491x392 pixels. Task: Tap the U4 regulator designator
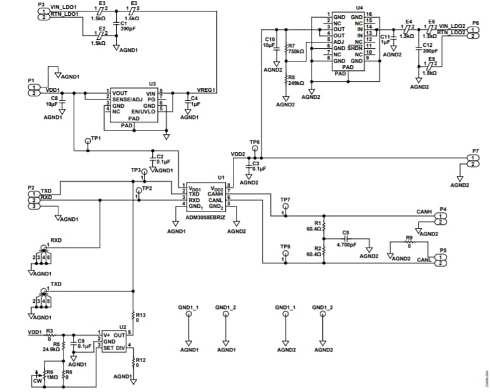tap(359, 7)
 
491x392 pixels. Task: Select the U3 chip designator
tap(152, 84)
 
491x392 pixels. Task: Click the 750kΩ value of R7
tap(296, 51)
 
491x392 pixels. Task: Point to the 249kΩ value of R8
tap(296, 82)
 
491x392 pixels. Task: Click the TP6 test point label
tap(254, 142)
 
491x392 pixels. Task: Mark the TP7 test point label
tap(285, 199)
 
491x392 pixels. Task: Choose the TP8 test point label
tap(285, 246)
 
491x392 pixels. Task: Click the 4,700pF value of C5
tap(346, 244)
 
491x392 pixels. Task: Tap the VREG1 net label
tap(207, 90)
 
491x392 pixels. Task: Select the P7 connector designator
tap(476, 150)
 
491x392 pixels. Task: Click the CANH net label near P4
tap(424, 211)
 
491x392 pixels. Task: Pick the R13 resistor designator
tap(141, 315)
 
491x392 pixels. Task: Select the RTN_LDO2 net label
tap(451, 32)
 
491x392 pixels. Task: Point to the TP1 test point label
tap(96, 137)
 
